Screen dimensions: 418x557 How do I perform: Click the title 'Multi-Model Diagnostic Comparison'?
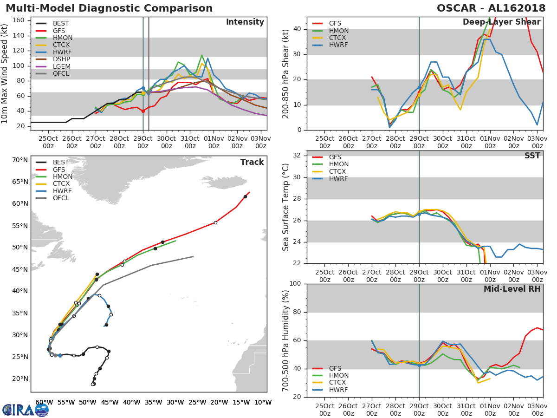109,8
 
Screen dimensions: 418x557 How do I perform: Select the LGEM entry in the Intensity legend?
61,67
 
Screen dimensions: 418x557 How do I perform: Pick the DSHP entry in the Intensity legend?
61,59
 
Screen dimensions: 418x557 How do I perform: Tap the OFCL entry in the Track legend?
61,198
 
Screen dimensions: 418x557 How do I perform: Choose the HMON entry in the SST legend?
338,164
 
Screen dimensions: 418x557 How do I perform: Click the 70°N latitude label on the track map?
20,160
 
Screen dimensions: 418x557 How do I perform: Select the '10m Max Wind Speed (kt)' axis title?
5,74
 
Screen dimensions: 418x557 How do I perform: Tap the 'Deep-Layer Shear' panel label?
501,22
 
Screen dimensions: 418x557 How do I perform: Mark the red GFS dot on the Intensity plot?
143,111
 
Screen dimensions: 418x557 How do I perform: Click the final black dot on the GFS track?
245,196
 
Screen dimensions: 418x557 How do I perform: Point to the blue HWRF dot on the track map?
60,355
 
